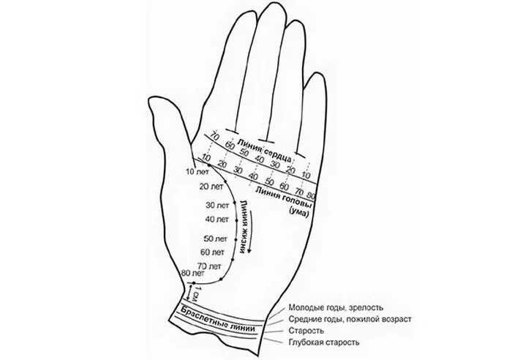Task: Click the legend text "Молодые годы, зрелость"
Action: tap(335, 308)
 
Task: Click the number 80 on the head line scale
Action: tap(312, 195)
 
